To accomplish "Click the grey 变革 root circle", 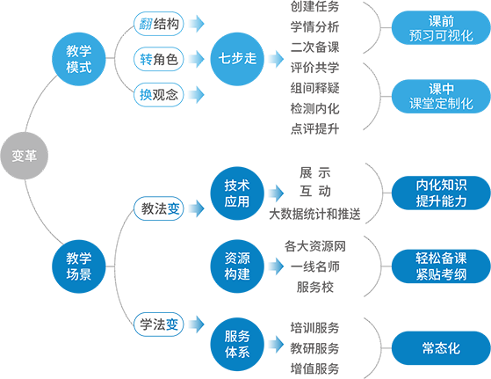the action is click(x=24, y=156).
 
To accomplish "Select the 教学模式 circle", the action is click(x=79, y=59).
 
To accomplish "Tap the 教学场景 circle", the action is click(x=79, y=266).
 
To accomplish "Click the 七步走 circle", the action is click(x=237, y=59).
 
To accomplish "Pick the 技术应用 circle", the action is click(x=237, y=193).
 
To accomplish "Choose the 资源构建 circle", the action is click(x=237, y=266).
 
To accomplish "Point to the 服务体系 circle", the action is click(x=237, y=345).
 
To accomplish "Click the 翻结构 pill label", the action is click(x=159, y=24).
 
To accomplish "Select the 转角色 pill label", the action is click(x=159, y=59).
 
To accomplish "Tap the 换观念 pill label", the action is click(x=159, y=95).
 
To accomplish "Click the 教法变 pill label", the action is click(x=159, y=208).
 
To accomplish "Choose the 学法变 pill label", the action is click(x=159, y=324).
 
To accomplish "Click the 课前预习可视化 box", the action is click(x=441, y=28).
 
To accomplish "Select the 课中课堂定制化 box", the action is click(x=441, y=96).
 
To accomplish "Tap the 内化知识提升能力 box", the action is click(x=441, y=193).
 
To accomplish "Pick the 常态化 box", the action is click(x=441, y=348).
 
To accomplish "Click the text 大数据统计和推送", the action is click(x=314, y=214).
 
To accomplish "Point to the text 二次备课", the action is click(x=314, y=47).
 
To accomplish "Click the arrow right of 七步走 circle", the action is click(x=276, y=59).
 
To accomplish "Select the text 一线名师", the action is click(x=314, y=266).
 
